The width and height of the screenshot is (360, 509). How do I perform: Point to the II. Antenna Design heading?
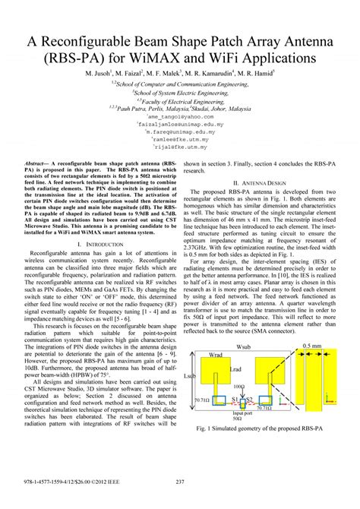point(267,183)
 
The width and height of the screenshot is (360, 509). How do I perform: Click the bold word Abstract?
point(38,163)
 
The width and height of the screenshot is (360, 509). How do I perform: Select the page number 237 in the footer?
point(180,501)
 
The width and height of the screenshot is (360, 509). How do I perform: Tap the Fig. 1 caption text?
point(267,450)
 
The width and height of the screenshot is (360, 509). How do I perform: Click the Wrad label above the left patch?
point(218,354)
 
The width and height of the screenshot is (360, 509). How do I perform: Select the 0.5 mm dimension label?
point(311,346)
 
